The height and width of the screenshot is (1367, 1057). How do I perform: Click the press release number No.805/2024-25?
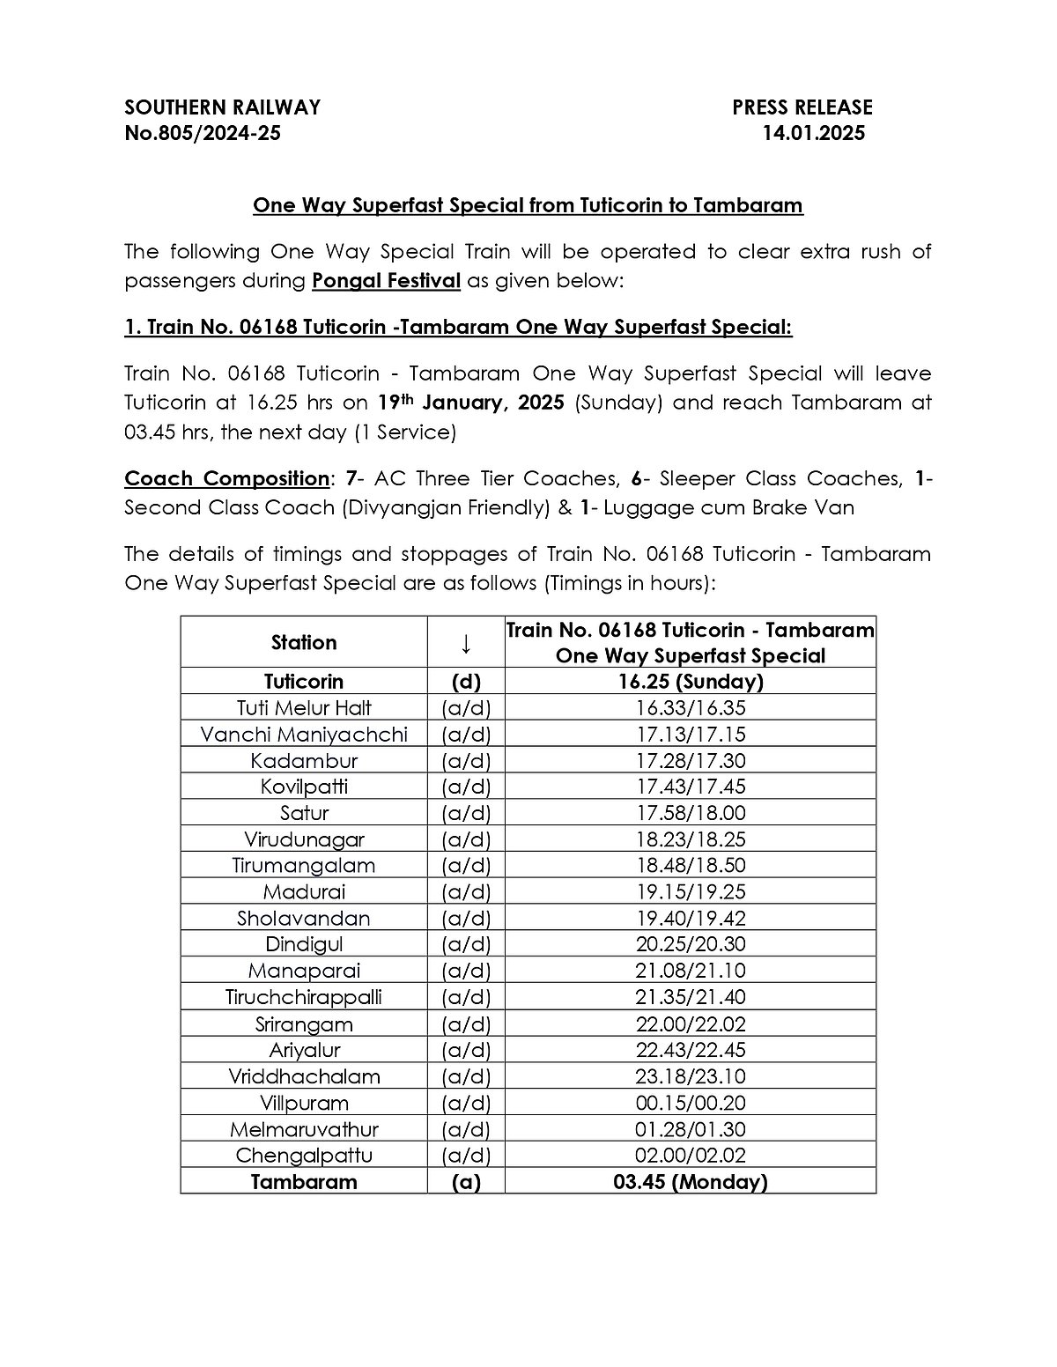[203, 134]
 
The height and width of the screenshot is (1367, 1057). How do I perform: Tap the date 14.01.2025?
[814, 134]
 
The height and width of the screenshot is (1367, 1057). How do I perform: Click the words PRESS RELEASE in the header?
[802, 107]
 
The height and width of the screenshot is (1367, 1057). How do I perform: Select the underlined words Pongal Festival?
[387, 281]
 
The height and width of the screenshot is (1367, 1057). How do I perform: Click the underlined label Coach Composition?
[226, 479]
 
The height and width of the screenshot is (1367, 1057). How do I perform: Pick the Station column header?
[304, 643]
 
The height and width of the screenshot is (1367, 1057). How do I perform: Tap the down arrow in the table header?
[466, 644]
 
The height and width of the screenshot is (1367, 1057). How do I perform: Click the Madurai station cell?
[304, 892]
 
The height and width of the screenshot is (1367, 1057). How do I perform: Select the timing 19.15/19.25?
[691, 892]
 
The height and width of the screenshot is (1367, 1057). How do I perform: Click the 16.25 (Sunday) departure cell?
[691, 682]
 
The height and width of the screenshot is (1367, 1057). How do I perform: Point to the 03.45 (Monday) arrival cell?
[691, 1182]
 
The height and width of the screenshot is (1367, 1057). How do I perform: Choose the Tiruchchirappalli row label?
[304, 997]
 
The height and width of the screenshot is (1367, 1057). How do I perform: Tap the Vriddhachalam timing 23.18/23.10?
[691, 1076]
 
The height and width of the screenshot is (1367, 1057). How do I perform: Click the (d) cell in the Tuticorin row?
[466, 682]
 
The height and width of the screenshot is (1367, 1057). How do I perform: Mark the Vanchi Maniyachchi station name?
[304, 735]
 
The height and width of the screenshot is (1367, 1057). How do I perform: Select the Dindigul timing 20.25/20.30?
[691, 944]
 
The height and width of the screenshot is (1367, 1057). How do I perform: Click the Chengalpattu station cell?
[304, 1156]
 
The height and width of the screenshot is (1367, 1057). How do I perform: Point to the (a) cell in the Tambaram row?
[466, 1182]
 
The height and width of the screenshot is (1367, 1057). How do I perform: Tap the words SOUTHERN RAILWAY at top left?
[222, 107]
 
